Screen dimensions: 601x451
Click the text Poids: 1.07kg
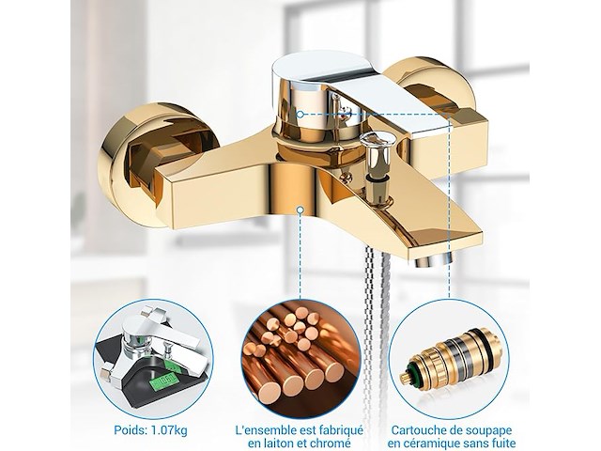(x=150, y=430)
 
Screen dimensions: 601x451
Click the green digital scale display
(x=164, y=381)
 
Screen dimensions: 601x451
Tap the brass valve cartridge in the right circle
(x=447, y=358)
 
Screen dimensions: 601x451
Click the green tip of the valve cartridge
(x=408, y=372)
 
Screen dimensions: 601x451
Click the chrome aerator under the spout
(x=434, y=260)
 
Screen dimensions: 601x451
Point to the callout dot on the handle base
(x=300, y=114)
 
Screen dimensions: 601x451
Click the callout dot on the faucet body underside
(x=300, y=210)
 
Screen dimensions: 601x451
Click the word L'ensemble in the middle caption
(x=267, y=430)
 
